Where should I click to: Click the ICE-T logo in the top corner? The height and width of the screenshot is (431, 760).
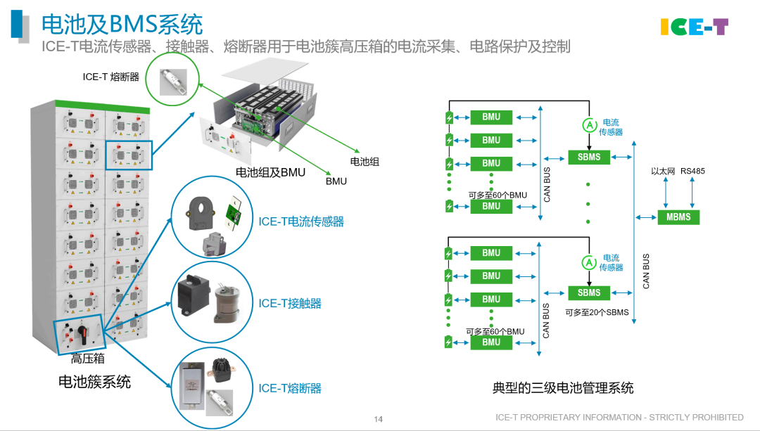(694, 27)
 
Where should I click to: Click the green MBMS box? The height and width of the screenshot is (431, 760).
(678, 217)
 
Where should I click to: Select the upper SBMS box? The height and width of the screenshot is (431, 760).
(589, 157)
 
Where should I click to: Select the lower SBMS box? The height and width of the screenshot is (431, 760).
(589, 292)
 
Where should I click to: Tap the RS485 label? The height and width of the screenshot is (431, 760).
(692, 171)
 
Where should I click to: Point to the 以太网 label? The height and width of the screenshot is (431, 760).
(663, 171)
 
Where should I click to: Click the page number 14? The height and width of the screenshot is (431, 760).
(378, 419)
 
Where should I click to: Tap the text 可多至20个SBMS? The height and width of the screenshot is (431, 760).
(597, 312)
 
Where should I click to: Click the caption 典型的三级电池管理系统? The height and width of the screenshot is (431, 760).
(563, 388)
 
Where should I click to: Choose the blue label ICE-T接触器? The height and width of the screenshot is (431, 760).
(290, 304)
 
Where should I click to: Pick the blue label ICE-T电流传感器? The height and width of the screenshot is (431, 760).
(301, 221)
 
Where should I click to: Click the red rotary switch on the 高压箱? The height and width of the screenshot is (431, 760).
(83, 333)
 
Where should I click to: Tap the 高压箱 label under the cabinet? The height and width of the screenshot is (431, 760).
(88, 359)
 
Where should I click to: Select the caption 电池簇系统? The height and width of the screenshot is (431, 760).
(94, 382)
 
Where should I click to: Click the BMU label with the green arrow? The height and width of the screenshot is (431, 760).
(336, 181)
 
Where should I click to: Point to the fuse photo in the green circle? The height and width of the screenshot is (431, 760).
(173, 82)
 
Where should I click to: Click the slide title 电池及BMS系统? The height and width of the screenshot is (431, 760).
(122, 24)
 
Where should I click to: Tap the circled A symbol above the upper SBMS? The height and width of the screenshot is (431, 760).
(590, 125)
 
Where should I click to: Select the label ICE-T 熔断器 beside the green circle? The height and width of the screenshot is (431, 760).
(111, 77)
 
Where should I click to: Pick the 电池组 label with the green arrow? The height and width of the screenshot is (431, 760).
(365, 161)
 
